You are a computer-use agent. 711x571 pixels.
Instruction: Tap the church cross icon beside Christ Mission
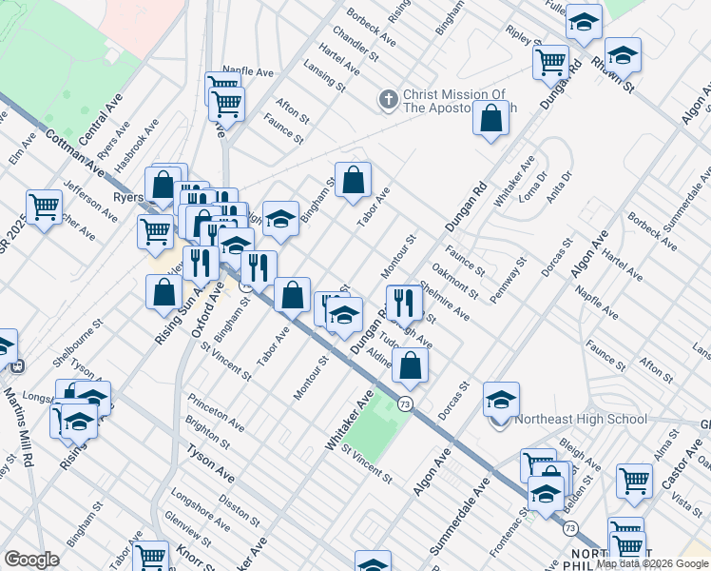(388, 98)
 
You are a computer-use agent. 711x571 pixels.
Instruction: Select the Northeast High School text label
(581, 419)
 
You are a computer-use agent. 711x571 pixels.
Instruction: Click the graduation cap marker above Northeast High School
(501, 401)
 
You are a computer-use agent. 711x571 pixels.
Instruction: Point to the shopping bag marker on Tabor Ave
(353, 180)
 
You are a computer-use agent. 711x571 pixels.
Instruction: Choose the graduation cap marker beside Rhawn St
(623, 56)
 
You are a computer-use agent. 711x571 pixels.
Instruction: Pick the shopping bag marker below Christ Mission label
(491, 120)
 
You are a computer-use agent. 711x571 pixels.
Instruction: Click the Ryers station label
(127, 197)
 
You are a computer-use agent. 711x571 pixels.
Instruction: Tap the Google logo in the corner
(31, 560)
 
